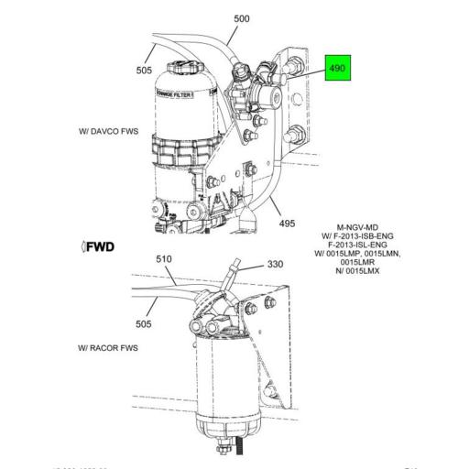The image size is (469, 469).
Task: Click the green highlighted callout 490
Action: tap(339, 69)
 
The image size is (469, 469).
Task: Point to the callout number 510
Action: tap(164, 259)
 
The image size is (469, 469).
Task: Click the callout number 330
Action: tap(276, 264)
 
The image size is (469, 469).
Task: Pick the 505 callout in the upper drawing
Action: tap(145, 69)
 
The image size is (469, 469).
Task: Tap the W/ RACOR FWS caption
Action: tap(112, 349)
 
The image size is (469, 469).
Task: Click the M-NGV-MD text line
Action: tap(358, 224)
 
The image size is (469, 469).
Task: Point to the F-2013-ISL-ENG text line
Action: tap(358, 245)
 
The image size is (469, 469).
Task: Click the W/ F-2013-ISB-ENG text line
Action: tap(358, 234)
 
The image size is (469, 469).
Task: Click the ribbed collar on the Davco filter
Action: tap(182, 151)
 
